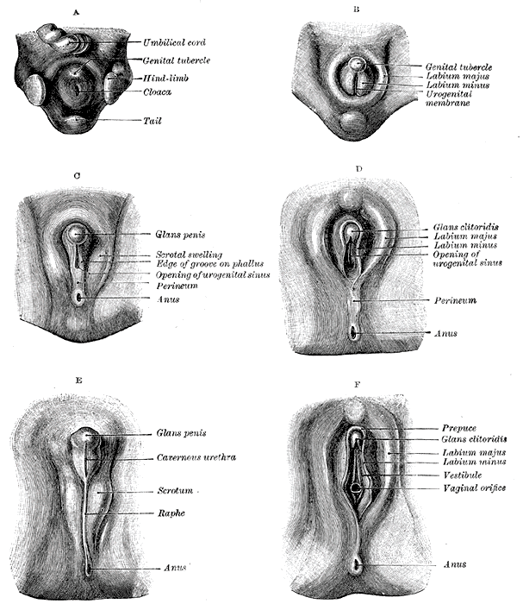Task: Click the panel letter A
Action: point(76,12)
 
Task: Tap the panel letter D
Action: point(359,168)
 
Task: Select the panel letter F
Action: point(358,384)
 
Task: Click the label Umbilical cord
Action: point(174,42)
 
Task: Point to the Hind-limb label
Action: point(165,79)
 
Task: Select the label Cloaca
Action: point(158,92)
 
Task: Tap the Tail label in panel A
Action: point(153,121)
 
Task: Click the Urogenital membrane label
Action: point(448,98)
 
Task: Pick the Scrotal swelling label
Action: point(189,255)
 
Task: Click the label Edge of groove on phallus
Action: point(209,264)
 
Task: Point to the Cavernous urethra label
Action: point(196,457)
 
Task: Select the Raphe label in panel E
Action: point(171,513)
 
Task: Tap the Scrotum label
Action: point(175,490)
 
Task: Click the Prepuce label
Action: point(459,428)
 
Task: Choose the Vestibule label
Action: point(463,475)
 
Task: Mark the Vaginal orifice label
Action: point(475,488)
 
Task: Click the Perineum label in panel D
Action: point(455,300)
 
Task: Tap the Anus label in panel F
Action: point(455,564)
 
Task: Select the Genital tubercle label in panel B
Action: point(458,67)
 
